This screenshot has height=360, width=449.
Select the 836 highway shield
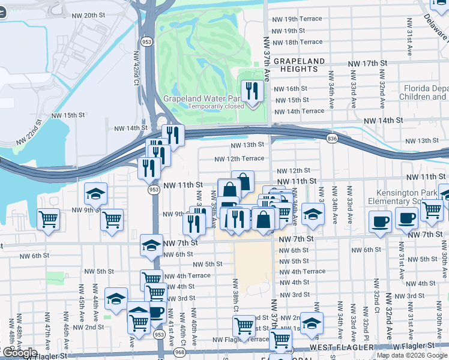[332, 139]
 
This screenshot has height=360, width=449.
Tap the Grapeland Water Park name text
[202, 98]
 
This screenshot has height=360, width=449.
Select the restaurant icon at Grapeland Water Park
[252, 91]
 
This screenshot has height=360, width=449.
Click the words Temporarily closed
[216, 107]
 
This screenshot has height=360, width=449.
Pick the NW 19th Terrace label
[297, 19]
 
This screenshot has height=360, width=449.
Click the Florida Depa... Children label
[423, 92]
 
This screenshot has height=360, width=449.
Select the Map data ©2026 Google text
[412, 355]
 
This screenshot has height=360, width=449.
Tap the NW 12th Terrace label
[240, 158]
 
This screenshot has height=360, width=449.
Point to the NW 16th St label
[291, 89]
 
